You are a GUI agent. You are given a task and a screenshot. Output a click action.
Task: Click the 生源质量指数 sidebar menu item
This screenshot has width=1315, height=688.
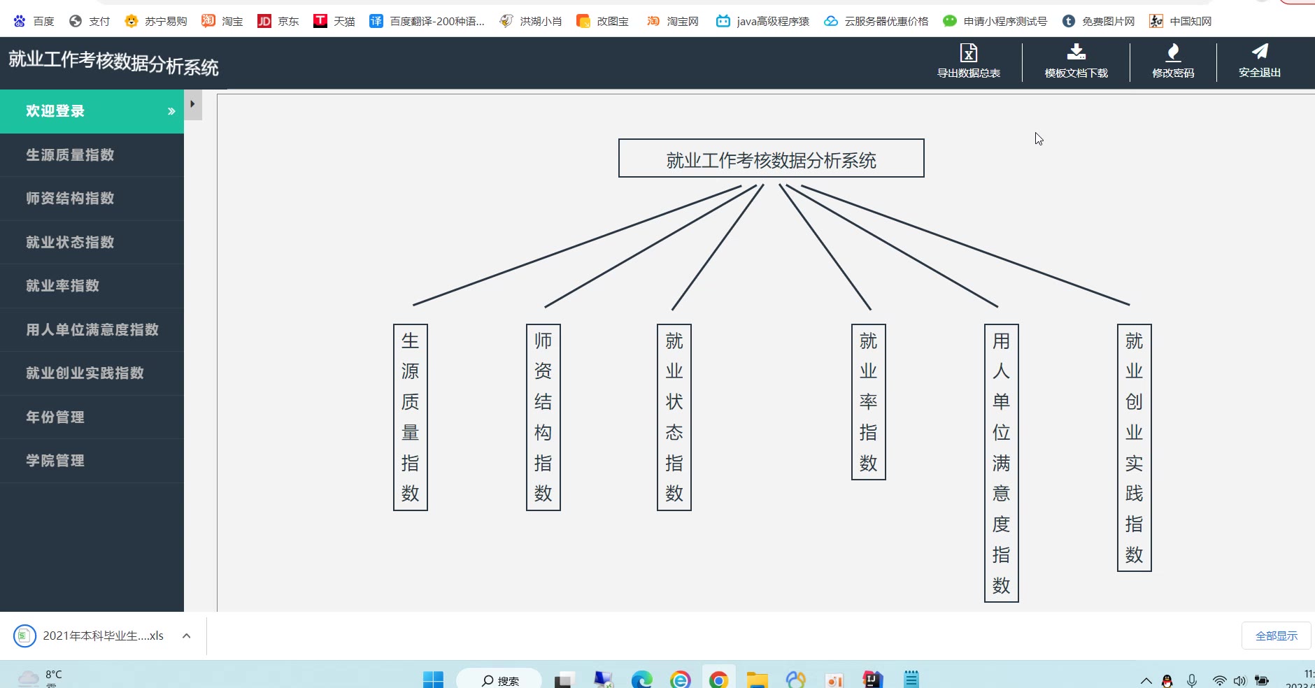(70, 155)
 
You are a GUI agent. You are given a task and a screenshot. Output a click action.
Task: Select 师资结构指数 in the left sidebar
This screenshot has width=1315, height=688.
(70, 199)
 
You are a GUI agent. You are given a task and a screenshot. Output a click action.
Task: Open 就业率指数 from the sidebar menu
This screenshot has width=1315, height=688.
(63, 286)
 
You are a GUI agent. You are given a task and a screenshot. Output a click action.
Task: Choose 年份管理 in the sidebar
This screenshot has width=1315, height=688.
(55, 417)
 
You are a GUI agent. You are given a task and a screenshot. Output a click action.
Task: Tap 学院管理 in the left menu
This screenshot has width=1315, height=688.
(55, 461)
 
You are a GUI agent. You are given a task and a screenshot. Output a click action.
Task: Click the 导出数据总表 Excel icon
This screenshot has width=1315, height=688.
(969, 53)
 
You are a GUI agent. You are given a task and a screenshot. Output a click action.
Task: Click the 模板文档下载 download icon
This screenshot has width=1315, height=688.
(1076, 52)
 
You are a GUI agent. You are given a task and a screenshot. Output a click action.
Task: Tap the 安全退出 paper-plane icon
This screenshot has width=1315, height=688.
(1260, 51)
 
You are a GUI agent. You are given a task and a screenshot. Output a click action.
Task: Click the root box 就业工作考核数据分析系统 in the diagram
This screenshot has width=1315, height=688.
(771, 158)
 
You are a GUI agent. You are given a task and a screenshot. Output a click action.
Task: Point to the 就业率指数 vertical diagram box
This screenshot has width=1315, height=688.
(868, 402)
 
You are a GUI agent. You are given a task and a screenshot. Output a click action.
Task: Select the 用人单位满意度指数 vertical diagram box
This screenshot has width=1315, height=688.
(1001, 463)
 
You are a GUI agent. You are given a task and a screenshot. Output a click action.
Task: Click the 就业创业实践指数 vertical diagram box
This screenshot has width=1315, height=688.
(1134, 447)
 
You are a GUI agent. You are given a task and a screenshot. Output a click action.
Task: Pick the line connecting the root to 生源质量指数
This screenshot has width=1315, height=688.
(577, 245)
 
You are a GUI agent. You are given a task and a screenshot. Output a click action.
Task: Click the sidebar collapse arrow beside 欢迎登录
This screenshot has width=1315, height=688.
(192, 104)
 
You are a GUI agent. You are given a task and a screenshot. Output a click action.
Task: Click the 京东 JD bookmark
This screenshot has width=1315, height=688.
(278, 21)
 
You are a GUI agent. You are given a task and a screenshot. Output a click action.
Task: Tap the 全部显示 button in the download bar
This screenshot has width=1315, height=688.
(1276, 636)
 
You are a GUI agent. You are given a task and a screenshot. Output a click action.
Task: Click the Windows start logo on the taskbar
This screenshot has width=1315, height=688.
(433, 679)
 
